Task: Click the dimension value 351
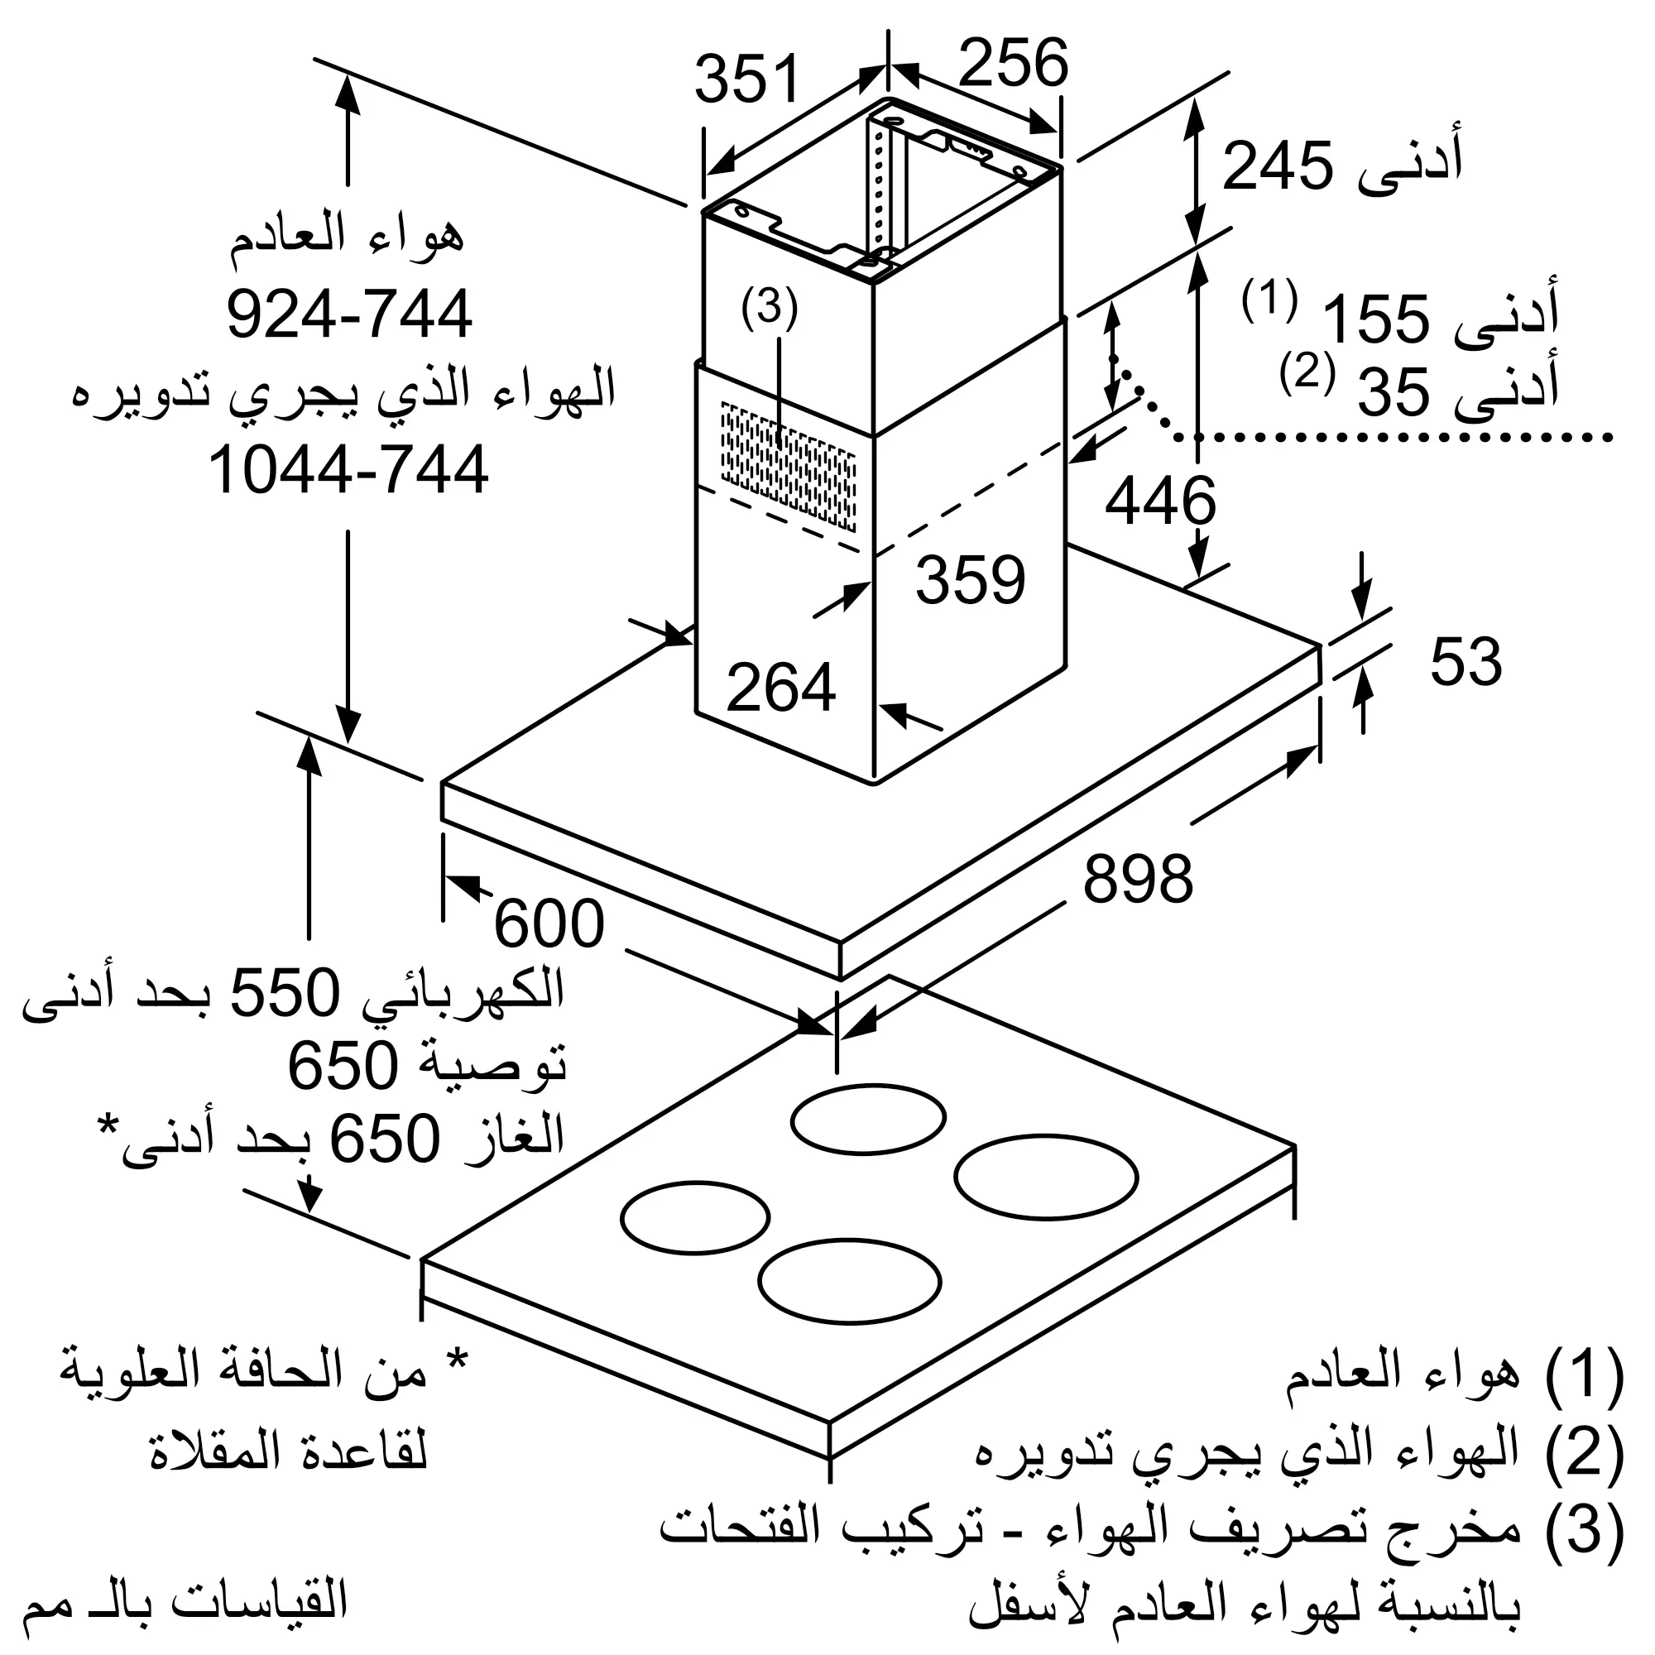coord(746,79)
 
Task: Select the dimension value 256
coord(1014,62)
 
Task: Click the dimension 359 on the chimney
coord(971,579)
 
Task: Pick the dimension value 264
coord(780,687)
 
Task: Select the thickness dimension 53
coord(1466,661)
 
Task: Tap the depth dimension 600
coord(550,924)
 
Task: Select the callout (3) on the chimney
coord(770,308)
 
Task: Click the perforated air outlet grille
coord(788,465)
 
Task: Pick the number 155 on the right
coord(1377,319)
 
